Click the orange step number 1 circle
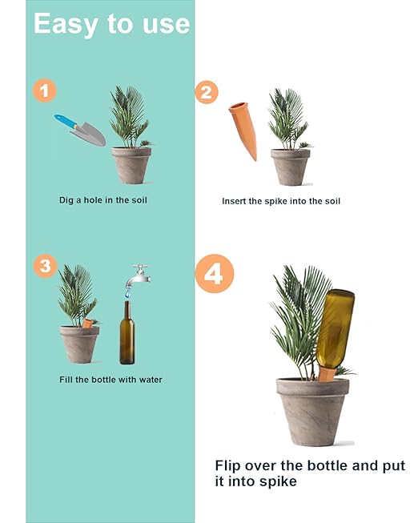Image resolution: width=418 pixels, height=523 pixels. click(45, 90)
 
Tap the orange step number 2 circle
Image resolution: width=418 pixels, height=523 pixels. click(207, 92)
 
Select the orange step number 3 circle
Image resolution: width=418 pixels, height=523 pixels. click(46, 265)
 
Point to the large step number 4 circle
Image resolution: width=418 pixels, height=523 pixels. click(214, 275)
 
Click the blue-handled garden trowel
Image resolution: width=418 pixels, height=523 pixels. click(80, 129)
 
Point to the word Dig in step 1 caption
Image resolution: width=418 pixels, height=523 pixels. click(68, 200)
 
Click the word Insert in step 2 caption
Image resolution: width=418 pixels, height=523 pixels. click(235, 201)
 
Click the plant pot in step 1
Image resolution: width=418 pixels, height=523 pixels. click(131, 165)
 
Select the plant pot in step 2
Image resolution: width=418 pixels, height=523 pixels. click(290, 166)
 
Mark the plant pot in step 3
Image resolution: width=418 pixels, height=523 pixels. click(79, 343)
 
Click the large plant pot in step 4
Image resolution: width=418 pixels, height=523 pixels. click(312, 410)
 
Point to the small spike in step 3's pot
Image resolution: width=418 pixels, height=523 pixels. click(87, 323)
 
